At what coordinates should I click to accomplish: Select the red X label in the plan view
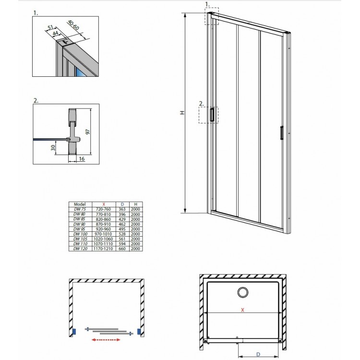tap(242, 310)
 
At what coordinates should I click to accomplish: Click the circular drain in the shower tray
tap(242, 291)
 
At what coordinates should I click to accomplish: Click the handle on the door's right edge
tap(282, 133)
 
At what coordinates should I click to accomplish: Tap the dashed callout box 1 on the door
tap(212, 15)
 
